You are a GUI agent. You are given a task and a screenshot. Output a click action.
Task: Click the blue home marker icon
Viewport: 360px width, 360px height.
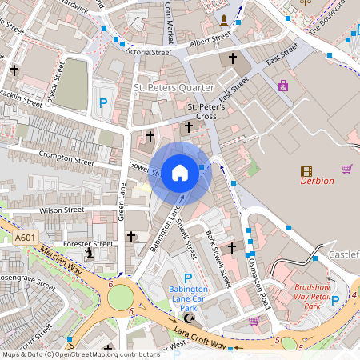coord(180,172)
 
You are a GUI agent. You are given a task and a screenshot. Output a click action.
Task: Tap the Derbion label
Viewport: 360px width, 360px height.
coord(317,181)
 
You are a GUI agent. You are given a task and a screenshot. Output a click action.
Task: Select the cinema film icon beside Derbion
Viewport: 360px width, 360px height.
coord(306,170)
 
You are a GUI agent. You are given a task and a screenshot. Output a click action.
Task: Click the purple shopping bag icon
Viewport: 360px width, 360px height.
coord(282,86)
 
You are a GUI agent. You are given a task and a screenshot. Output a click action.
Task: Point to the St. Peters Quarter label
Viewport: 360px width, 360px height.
coord(174,87)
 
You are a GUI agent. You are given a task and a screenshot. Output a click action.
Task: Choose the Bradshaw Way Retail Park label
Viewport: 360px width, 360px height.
coord(318,296)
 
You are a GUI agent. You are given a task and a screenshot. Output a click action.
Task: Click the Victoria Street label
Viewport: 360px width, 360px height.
coord(148,51)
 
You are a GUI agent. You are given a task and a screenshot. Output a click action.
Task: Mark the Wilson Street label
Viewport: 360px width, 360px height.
coord(62,210)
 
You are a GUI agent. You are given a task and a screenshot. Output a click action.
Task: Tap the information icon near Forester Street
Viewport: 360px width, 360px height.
coord(90,253)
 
